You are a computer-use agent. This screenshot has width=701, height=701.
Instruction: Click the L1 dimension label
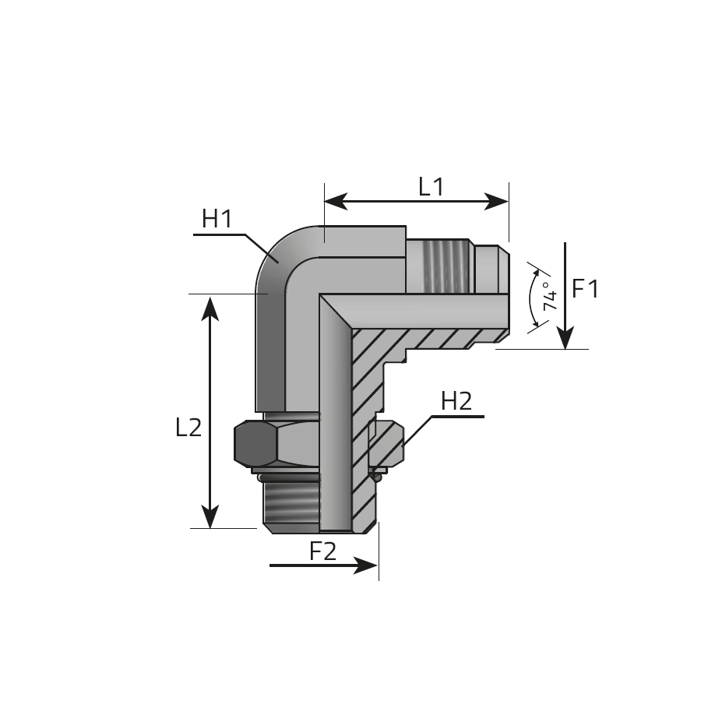(x=431, y=187)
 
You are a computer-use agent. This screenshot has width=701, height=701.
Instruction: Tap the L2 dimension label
(x=188, y=427)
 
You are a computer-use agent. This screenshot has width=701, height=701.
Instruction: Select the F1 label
(x=585, y=288)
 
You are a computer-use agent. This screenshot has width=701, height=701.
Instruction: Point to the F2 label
(x=322, y=551)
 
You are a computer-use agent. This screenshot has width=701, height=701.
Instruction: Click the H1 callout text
(x=217, y=219)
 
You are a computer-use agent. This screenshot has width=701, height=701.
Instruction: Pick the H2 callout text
(x=456, y=400)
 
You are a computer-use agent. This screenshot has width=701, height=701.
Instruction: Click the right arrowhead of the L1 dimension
(x=497, y=202)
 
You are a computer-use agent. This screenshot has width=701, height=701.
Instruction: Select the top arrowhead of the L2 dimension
(x=210, y=308)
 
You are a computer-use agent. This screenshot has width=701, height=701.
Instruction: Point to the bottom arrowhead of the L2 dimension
(x=210, y=516)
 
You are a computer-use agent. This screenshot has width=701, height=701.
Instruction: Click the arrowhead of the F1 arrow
(x=565, y=337)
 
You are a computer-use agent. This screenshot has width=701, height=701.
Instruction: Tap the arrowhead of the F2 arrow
(x=366, y=565)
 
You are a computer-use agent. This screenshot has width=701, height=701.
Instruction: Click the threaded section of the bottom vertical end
(x=291, y=503)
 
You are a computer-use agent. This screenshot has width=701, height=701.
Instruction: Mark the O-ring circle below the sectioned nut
(x=377, y=478)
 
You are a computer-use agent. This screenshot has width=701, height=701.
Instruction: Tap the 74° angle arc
(x=530, y=297)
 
